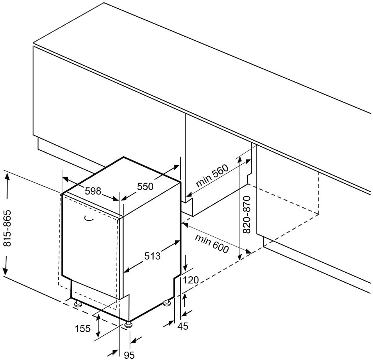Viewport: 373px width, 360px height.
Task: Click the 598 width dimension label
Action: pyautogui.click(x=93, y=191)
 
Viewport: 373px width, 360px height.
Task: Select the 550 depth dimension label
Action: pyautogui.click(x=145, y=186)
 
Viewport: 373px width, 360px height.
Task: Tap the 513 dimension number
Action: pyautogui.click(x=152, y=256)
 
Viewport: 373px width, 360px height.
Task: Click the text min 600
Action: pyautogui.click(x=212, y=243)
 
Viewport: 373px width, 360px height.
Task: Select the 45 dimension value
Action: pyautogui.click(x=182, y=326)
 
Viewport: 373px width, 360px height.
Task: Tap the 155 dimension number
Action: pyautogui.click(x=83, y=329)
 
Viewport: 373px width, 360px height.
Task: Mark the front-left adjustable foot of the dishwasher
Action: pyautogui.click(x=77, y=304)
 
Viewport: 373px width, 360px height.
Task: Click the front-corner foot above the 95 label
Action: pyautogui.click(x=128, y=325)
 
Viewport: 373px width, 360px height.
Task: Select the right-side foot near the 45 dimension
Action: pyautogui.click(x=167, y=304)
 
